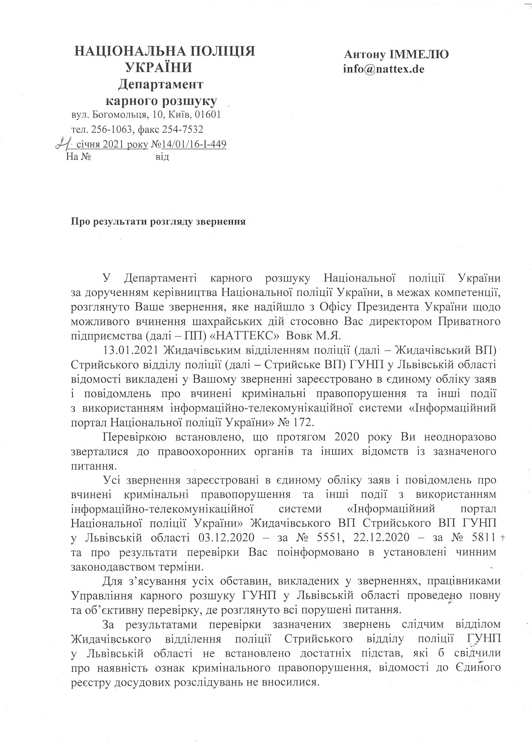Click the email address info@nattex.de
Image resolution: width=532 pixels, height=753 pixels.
coord(384,69)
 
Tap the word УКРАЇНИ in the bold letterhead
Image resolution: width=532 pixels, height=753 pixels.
coord(159,67)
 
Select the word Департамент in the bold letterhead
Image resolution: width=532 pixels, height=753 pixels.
coord(161,84)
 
